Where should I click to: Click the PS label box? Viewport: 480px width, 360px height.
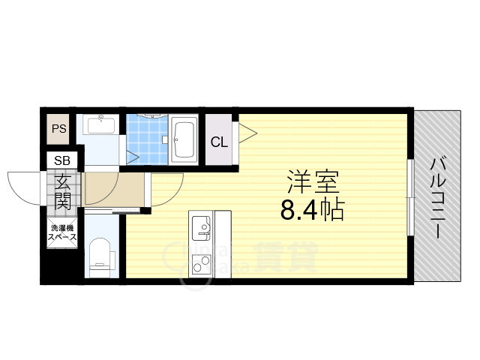[58, 128]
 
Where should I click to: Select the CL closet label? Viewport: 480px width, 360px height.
[219, 142]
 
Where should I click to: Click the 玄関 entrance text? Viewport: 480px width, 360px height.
[63, 190]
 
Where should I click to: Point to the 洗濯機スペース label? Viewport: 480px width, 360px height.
[62, 233]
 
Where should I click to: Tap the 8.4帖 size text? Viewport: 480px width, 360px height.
[312, 211]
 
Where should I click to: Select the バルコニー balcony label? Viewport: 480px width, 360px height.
[438, 197]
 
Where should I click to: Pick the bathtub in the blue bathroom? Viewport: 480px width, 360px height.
[184, 139]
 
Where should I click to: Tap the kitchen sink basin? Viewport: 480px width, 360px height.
[202, 226]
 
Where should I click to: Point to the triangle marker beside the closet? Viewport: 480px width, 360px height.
[247, 135]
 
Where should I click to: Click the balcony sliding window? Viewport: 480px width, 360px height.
[409, 196]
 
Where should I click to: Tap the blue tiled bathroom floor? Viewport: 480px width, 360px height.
[146, 139]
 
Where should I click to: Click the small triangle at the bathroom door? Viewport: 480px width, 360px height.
[132, 157]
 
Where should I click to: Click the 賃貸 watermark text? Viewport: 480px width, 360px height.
[285, 257]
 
